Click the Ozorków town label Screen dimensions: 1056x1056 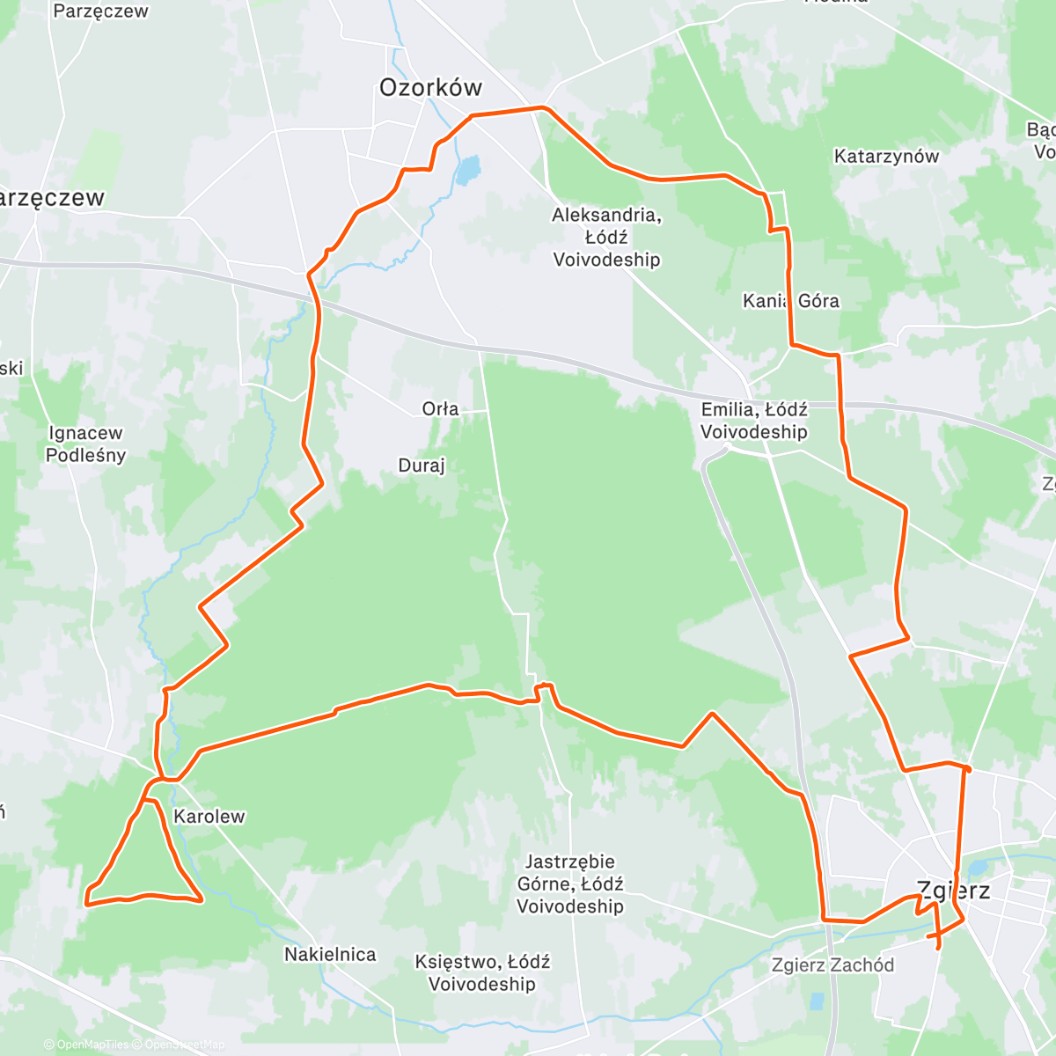430,87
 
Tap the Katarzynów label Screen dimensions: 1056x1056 886,157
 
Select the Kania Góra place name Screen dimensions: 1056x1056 790,301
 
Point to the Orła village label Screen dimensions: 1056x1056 440,408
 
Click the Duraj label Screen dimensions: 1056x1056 422,466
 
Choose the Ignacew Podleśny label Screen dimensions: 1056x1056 85,444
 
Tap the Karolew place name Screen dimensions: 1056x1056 209,816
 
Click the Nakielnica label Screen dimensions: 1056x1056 330,954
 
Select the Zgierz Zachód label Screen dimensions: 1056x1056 832,964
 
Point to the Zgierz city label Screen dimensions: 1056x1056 953,891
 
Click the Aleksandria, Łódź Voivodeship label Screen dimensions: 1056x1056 606,237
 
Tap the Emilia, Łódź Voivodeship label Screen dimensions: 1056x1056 754,421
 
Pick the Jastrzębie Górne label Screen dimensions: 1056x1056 570,884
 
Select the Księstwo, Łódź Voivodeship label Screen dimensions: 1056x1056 482,972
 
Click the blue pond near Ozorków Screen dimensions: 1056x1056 467,171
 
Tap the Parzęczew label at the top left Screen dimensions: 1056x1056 100,11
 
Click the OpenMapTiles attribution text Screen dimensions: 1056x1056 86,1045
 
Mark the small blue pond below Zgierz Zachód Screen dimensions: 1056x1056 817,1001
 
